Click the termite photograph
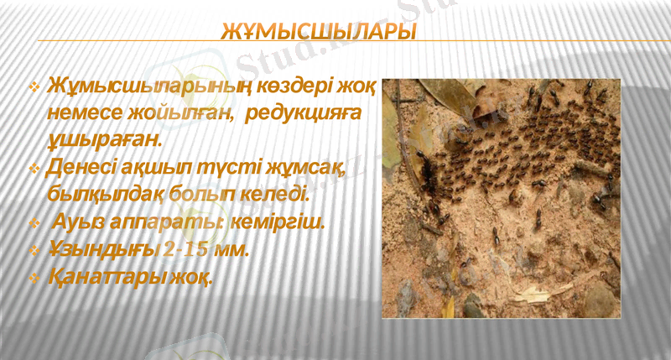click(501, 198)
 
